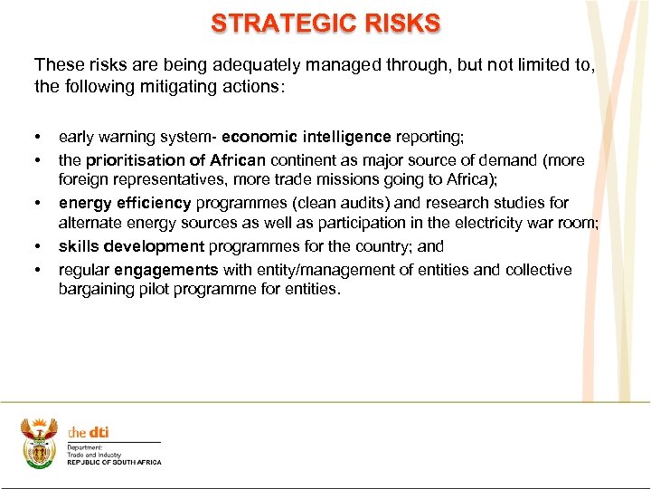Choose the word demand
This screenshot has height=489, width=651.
point(514,160)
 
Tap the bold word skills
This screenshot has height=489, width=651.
point(79,246)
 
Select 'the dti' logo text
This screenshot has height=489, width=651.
point(89,432)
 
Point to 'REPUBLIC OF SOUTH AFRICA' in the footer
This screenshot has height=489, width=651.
point(114,463)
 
